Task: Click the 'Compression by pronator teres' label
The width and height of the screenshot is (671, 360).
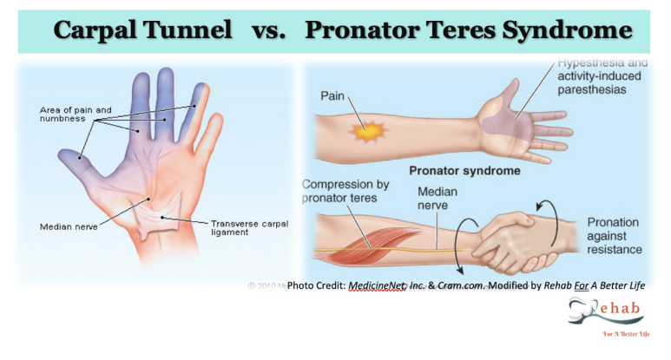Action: [345, 192]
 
